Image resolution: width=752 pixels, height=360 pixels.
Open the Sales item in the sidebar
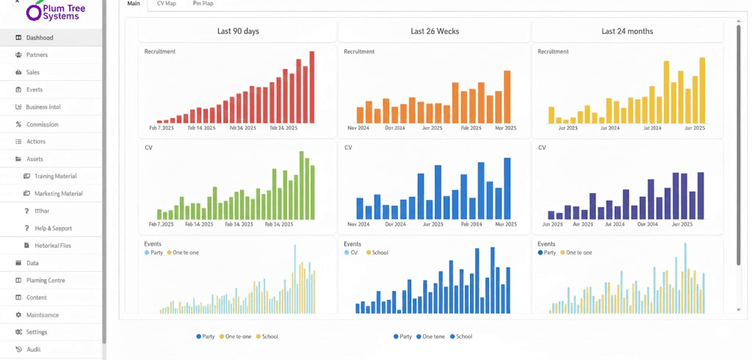[33, 73]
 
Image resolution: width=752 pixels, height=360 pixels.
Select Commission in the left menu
[42, 124]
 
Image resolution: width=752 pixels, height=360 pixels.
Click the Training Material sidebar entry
[55, 176]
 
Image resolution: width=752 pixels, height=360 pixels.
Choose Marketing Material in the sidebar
[58, 194]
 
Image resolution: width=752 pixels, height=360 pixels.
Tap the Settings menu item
[36, 332]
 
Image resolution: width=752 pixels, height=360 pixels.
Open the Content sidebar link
[36, 298]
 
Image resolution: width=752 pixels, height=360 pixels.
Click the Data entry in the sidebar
[32, 263]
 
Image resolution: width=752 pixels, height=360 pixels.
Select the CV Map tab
[166, 4]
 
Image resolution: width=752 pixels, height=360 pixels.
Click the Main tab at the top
[134, 4]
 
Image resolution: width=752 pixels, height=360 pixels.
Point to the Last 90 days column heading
[238, 32]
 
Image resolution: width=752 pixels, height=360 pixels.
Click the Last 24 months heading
[627, 32]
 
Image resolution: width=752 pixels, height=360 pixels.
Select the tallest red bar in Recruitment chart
[311, 87]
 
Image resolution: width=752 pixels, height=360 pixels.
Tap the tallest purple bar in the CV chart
[701, 195]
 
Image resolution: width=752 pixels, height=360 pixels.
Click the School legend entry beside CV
[380, 253]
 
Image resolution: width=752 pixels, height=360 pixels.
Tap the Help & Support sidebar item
[53, 228]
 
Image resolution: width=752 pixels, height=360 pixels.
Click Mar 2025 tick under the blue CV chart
[506, 224]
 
